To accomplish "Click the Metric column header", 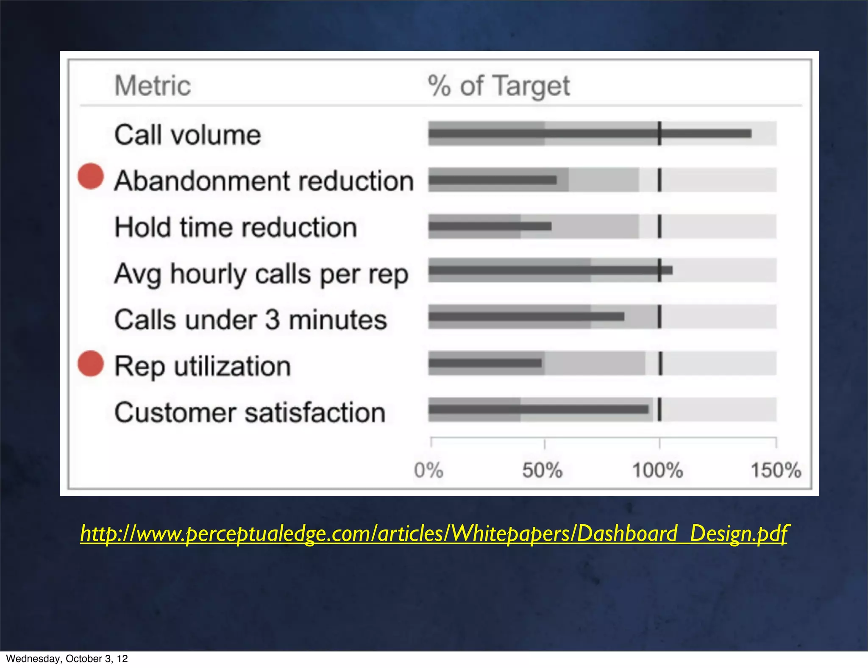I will tap(153, 86).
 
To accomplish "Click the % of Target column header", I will tap(498, 86).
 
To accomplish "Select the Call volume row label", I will tap(187, 135).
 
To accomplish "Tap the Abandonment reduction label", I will tap(264, 181).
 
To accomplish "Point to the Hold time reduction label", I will tap(236, 227).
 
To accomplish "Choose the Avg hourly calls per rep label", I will tap(261, 274).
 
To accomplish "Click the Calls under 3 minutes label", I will tap(250, 320).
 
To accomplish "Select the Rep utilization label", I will tap(203, 366).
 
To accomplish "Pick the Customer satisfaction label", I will tap(250, 412).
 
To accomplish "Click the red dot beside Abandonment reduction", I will tap(91, 176).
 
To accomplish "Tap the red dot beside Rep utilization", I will tap(91, 364).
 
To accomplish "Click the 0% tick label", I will tap(428, 470).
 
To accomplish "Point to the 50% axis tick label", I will tap(542, 470).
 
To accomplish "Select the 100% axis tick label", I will tap(657, 470).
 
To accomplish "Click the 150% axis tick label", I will tap(776, 470).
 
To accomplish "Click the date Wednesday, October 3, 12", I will tap(67, 659).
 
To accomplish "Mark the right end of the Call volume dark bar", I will tap(750, 134).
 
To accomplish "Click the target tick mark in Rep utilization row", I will tap(660, 364).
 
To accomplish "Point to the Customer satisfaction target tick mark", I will tap(659, 409).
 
